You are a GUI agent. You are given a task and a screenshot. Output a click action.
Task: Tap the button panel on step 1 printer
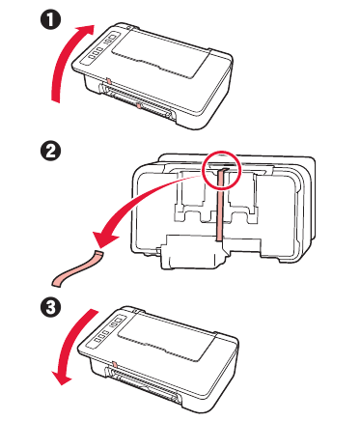[101, 48]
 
